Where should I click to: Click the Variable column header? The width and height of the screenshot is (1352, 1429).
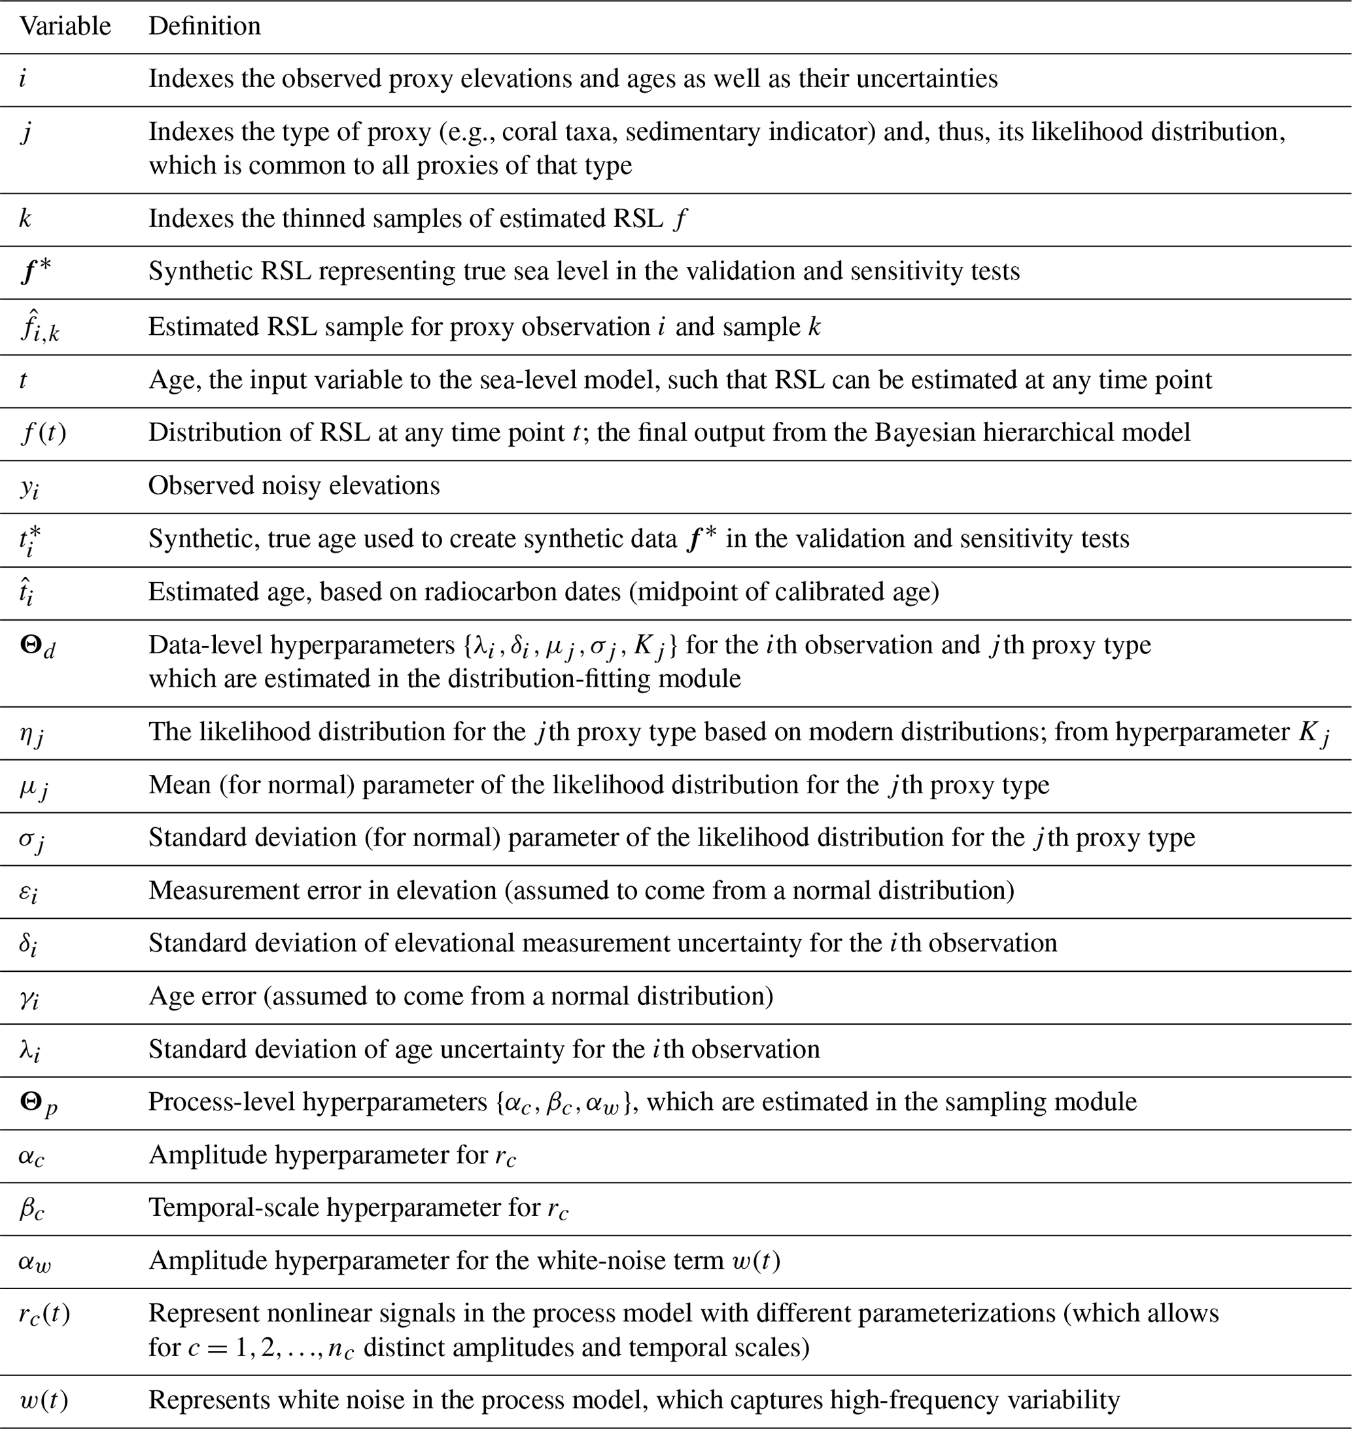point(65,27)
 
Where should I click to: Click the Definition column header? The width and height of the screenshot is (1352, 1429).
point(205,27)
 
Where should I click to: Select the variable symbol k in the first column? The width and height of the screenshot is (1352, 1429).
point(26,218)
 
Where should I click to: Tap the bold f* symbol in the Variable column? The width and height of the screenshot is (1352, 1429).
point(36,271)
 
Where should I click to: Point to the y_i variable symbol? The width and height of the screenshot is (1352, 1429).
point(29,487)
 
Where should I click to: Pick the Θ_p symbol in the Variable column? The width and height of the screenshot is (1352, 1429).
point(38,1103)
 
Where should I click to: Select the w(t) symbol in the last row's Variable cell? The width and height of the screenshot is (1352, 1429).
point(44,1400)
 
